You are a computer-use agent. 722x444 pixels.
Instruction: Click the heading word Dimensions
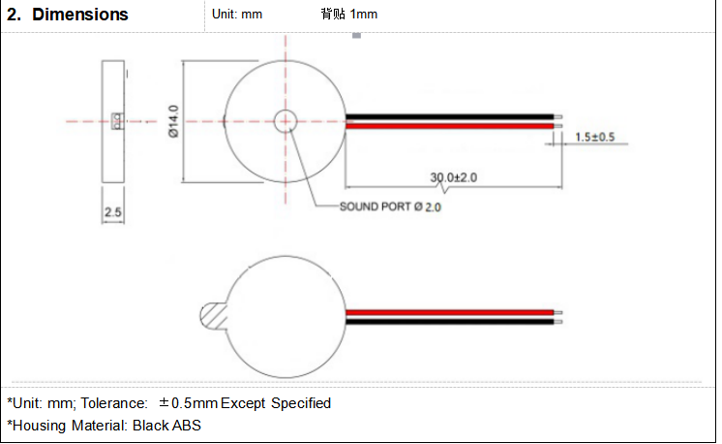(80, 15)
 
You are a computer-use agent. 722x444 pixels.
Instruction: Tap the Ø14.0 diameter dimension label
(173, 121)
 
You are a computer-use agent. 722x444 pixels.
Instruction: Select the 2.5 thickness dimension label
(113, 212)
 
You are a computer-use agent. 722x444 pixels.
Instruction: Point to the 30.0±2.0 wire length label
(454, 177)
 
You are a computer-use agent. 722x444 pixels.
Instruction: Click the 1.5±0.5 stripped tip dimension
(595, 137)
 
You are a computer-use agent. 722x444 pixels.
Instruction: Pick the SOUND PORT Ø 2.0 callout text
(390, 207)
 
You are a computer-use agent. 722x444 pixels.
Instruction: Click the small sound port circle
(286, 121)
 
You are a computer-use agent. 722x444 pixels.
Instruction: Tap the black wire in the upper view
(450, 116)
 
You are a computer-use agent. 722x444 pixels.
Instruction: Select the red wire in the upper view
(450, 126)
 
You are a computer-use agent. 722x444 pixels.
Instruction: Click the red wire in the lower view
(450, 312)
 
